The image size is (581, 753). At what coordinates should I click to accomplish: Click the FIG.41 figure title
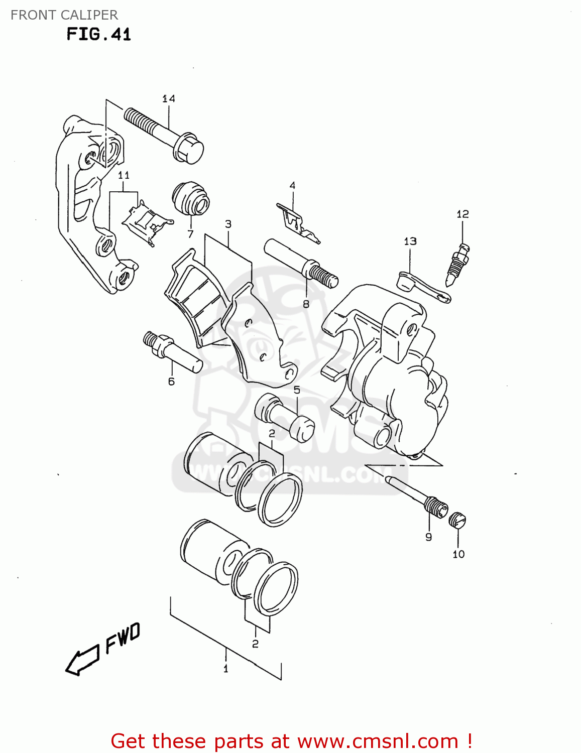point(98,35)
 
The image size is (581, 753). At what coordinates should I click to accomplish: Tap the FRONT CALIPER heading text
point(64,15)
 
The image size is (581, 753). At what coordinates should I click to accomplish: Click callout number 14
point(168,98)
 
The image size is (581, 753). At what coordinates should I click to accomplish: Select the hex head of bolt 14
point(189,148)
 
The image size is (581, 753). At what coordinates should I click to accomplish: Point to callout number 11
point(124,175)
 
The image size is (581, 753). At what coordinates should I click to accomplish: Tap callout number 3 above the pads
point(228,224)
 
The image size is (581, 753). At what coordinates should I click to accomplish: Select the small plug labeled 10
point(457,520)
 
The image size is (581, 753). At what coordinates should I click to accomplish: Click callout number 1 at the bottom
point(225,669)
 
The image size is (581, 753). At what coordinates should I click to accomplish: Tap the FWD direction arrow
point(82,660)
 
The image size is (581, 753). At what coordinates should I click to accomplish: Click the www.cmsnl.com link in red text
point(378,741)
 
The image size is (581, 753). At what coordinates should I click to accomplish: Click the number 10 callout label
point(458,554)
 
